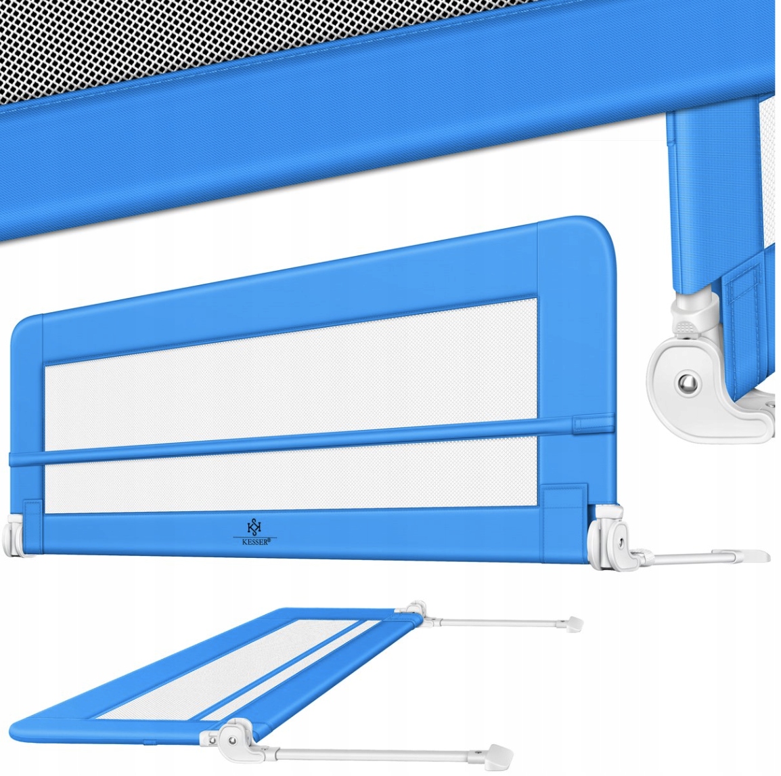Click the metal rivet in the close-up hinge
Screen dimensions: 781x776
pos(688,383)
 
